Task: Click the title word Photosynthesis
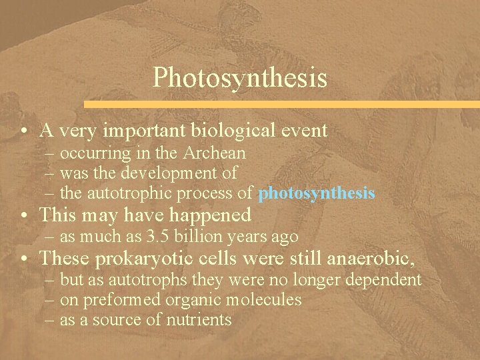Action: (x=240, y=77)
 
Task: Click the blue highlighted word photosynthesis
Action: (x=317, y=194)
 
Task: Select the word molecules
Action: (x=265, y=300)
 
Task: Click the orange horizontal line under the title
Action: (x=280, y=104)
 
